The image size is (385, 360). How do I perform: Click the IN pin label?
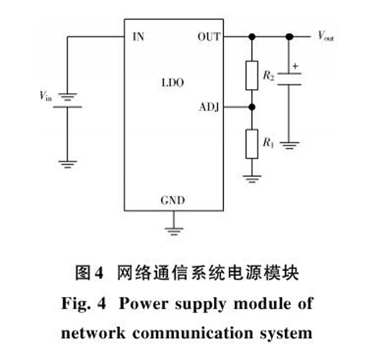pos(139,37)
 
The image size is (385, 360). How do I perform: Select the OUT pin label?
pos(209,37)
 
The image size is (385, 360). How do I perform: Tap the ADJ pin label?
pos(209,107)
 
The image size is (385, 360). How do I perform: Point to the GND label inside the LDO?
pos(172,200)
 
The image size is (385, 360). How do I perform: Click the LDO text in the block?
pos(173,82)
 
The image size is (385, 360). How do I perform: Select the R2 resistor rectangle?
pos(252,75)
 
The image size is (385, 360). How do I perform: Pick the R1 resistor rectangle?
pos(252,144)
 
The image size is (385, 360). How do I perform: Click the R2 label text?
pos(269,75)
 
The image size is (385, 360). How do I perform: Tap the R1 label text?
pos(269,142)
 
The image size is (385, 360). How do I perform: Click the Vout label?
pos(326,35)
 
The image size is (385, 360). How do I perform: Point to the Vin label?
pos(45,95)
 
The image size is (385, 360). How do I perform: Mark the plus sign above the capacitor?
pos(296,66)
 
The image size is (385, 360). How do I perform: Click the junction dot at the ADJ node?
pos(252,107)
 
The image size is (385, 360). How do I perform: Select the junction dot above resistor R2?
pos(252,37)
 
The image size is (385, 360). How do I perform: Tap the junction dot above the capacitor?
pos(290,37)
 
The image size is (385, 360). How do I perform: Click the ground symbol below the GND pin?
pos(174,232)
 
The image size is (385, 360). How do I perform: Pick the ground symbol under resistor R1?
pos(252,178)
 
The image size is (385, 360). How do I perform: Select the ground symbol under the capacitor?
pos(290,145)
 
